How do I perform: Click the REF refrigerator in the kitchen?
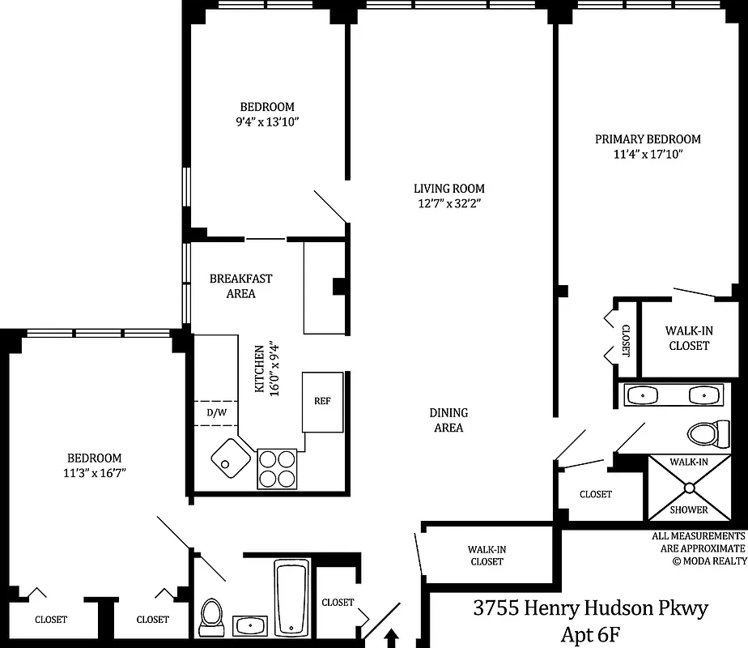pos(322,402)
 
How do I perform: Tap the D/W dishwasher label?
pos(216,413)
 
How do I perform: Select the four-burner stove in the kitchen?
pos(277,468)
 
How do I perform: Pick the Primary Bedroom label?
pos(648,139)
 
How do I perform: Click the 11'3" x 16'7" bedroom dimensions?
pos(95,473)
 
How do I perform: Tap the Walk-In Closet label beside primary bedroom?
pos(687,338)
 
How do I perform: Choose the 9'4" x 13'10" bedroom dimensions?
pos(266,122)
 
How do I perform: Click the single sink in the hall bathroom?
pos(251,625)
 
